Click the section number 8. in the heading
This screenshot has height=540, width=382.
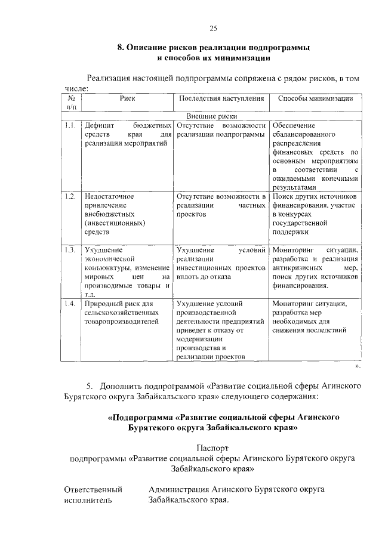tap(120, 47)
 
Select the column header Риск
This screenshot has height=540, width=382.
tap(127, 98)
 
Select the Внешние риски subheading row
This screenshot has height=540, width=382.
tap(212, 116)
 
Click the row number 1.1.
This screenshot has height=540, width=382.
tap(70, 126)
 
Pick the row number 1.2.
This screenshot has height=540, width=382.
tap(70, 196)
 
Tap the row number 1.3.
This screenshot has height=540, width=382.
tap(70, 249)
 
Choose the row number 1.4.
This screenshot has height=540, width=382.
tap(70, 303)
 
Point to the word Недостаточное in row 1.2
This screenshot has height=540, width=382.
tap(109, 196)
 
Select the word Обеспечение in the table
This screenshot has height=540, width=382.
tap(293, 126)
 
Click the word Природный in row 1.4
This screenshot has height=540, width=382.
tap(103, 303)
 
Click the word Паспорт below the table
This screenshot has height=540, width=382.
tap(212, 447)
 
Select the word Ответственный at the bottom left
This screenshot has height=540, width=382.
tap(93, 489)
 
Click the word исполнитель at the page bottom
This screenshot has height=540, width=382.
tap(88, 501)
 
